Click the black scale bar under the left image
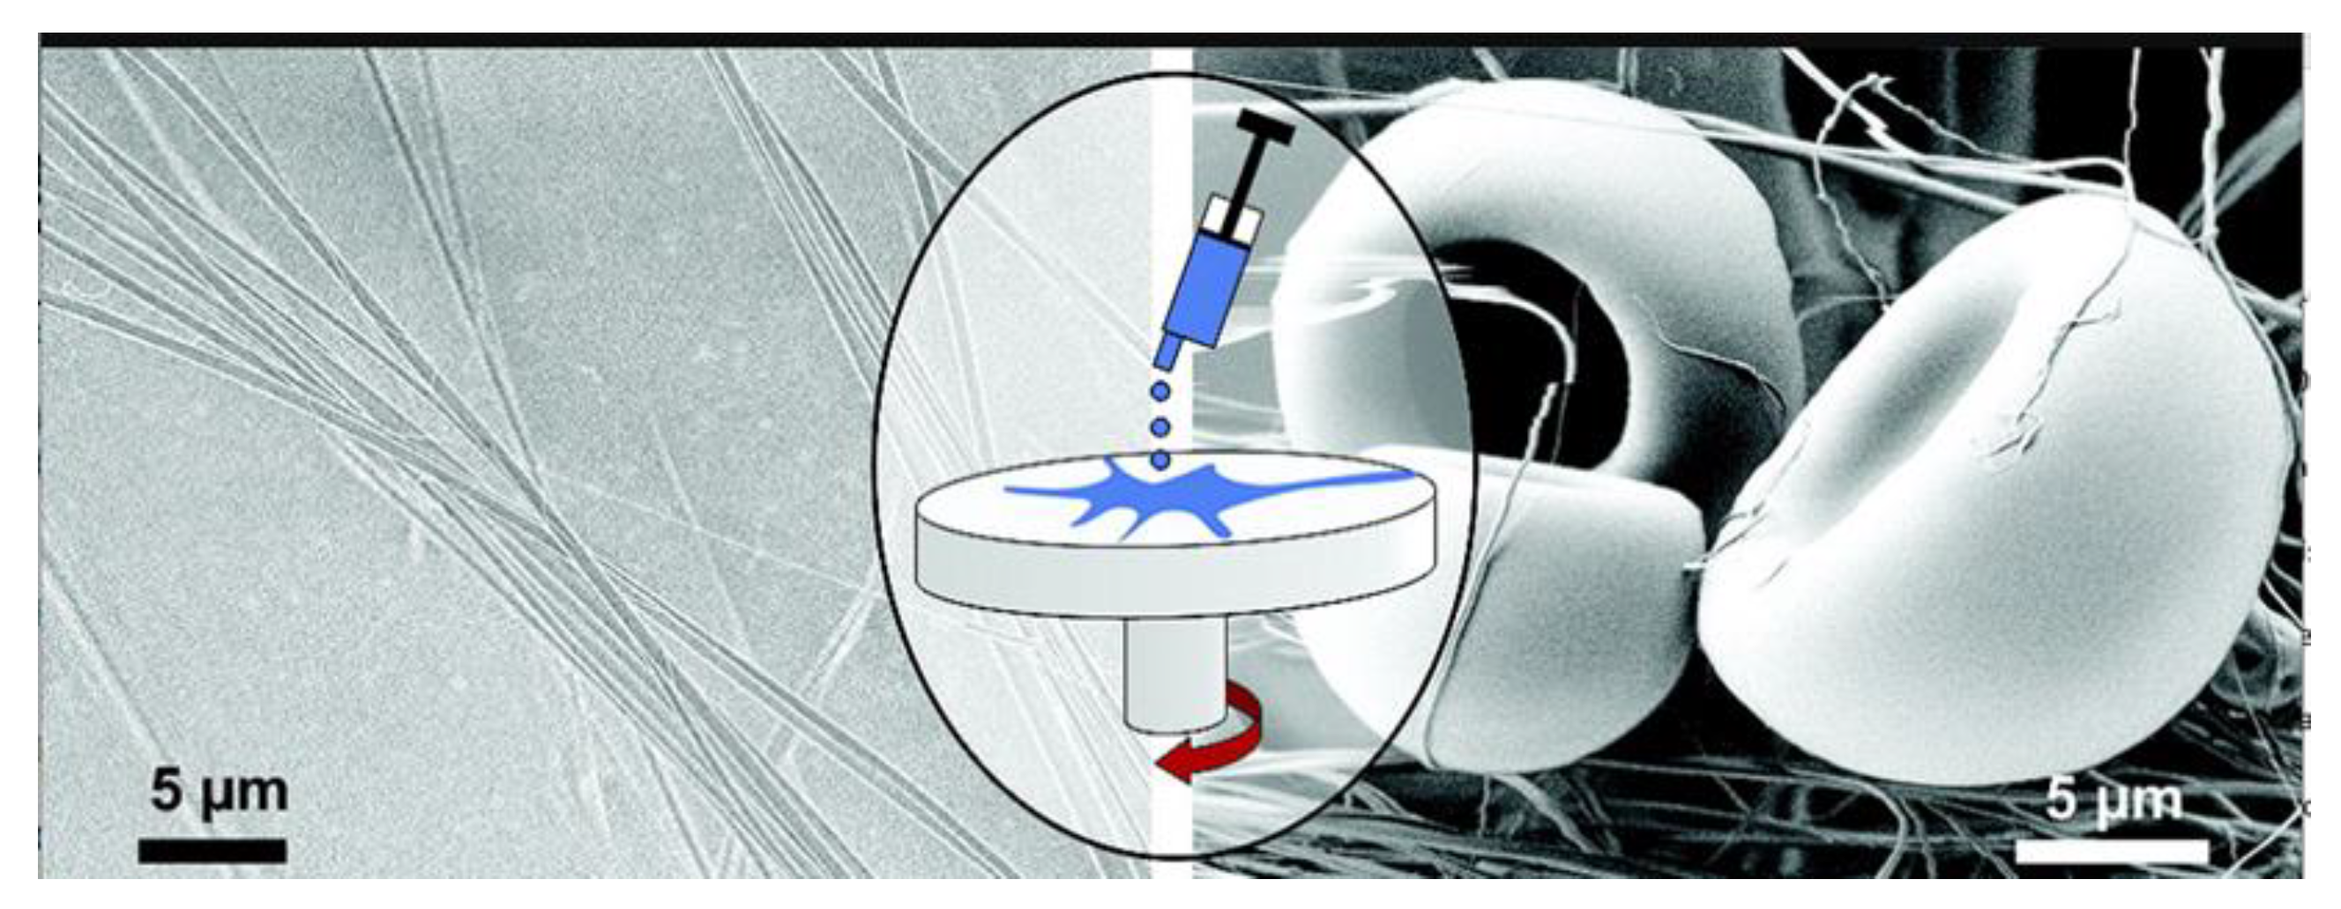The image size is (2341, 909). pyautogui.click(x=212, y=851)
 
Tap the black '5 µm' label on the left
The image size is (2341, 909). pyautogui.click(x=219, y=791)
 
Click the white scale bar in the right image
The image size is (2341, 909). pyautogui.click(x=2112, y=851)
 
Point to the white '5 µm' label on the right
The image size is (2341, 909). pyautogui.click(x=2114, y=800)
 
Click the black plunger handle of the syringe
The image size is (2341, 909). pyautogui.click(x=1265, y=126)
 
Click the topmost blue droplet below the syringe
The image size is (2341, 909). pyautogui.click(x=1159, y=392)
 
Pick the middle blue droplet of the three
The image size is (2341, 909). pyautogui.click(x=1159, y=426)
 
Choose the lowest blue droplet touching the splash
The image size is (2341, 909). pyautogui.click(x=1159, y=461)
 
